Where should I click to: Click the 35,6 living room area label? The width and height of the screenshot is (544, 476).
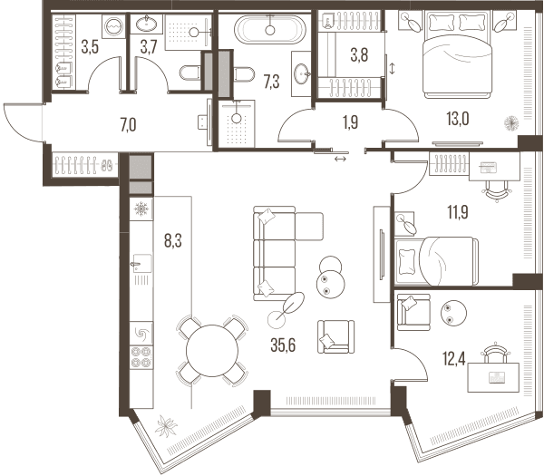pos(283,345)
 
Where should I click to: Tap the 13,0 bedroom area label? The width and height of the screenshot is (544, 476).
pos(458,119)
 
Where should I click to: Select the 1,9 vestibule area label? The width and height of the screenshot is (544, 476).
pos(350,122)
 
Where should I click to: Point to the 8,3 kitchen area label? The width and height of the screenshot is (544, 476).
pos(173,241)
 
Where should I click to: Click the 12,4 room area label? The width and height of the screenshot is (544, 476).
pos(454,358)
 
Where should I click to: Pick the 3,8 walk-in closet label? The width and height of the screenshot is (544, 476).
pos(359,54)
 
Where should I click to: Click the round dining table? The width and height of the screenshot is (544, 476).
pos(212,351)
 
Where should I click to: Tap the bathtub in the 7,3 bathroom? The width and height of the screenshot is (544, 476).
pos(270,29)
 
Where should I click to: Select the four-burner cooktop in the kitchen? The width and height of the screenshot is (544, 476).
pos(141,357)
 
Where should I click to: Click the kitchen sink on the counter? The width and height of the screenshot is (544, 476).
pos(141,264)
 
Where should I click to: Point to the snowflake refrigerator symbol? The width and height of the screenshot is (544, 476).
pos(141,209)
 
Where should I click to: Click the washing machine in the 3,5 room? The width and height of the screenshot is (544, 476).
pos(114,26)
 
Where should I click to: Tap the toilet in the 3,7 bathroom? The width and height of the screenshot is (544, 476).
pos(190,73)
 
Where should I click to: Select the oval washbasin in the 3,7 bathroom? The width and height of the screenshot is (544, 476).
pos(146,24)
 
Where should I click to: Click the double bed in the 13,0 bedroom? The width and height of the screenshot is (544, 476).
pos(457,54)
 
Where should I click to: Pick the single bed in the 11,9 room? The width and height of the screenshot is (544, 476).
pos(436,261)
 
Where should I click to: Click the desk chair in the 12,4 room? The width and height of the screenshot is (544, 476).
pos(493,353)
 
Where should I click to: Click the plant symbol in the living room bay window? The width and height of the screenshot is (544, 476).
pos(166,426)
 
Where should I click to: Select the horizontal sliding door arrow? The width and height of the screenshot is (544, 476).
pos(340,159)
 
